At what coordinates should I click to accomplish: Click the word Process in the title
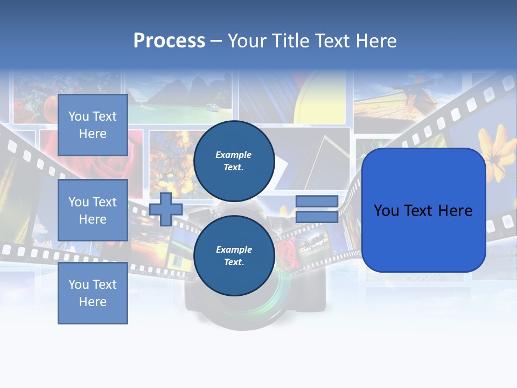click(x=169, y=41)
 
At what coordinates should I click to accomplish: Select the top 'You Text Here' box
click(x=93, y=125)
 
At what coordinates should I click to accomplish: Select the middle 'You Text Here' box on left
click(x=93, y=210)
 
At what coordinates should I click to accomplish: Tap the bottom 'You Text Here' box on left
click(x=93, y=293)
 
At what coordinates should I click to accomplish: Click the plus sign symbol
click(x=165, y=209)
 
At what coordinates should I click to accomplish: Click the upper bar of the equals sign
click(x=317, y=202)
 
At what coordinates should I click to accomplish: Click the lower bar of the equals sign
click(x=317, y=217)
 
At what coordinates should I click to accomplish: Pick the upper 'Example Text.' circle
click(x=234, y=161)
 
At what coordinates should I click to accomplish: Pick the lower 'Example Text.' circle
click(x=234, y=255)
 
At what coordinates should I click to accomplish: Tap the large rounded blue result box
click(x=423, y=210)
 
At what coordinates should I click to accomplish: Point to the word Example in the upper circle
click(x=233, y=155)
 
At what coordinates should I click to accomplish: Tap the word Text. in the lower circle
click(x=234, y=262)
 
